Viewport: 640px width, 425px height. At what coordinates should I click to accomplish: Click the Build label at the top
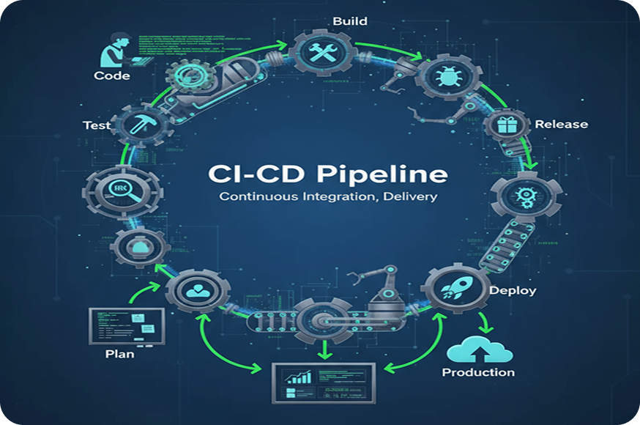[349, 21]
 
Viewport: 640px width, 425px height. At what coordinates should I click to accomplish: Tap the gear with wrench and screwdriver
[322, 52]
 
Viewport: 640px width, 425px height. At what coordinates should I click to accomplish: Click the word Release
[561, 124]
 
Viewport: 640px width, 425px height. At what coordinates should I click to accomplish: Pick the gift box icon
[507, 125]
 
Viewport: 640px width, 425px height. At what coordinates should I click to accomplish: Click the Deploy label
[513, 290]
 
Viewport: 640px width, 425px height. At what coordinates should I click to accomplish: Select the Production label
[478, 372]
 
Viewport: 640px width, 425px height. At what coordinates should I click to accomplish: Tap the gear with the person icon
[195, 290]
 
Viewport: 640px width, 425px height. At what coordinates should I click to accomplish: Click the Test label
[96, 125]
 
